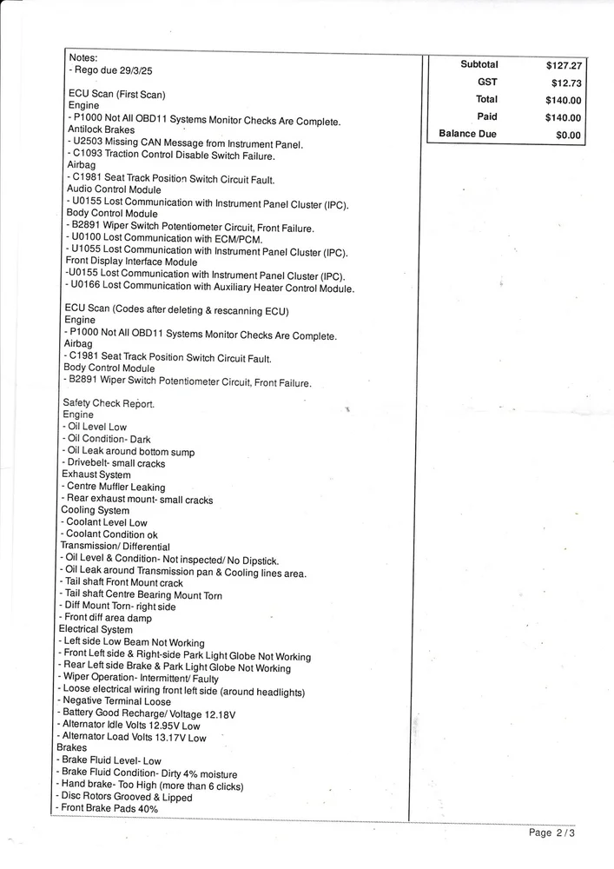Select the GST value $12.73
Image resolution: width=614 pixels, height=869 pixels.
click(x=565, y=83)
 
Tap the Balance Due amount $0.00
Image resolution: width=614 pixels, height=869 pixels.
click(x=568, y=136)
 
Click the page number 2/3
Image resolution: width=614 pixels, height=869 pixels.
click(x=564, y=833)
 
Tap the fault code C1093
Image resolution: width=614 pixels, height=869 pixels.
click(x=90, y=156)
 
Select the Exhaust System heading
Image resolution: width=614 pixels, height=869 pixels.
click(x=96, y=474)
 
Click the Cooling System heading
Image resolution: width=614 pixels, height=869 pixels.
click(x=95, y=510)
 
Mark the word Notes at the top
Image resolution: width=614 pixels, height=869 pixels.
click(x=83, y=57)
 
